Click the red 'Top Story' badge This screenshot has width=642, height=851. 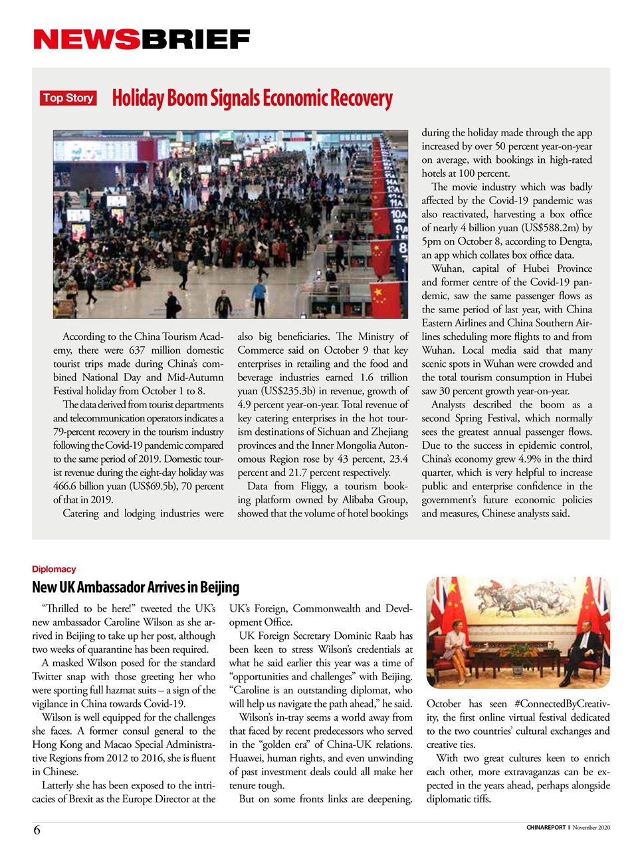point(68,98)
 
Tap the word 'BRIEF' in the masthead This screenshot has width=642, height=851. point(195,40)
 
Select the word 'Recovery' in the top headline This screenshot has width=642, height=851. point(361,98)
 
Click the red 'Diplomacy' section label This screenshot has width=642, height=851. point(54,569)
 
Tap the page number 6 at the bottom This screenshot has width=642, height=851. point(37,830)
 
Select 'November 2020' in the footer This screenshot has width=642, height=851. point(591,828)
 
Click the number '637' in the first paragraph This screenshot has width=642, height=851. point(137,350)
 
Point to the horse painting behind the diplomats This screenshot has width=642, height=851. point(518,598)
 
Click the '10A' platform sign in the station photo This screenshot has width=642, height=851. point(397,214)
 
